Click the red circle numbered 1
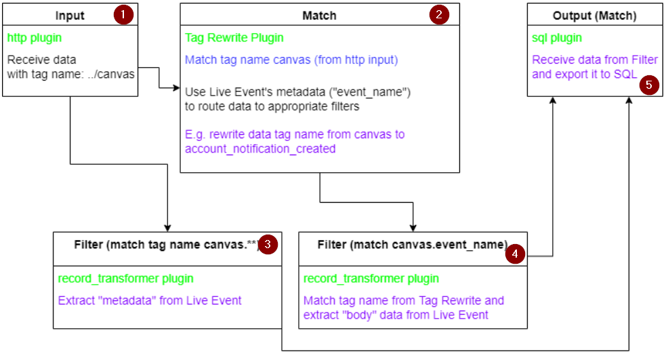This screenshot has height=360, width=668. (x=124, y=14)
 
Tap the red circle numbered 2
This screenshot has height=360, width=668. (x=439, y=14)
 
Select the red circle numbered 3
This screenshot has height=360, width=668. (x=268, y=245)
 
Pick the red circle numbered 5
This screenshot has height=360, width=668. (x=649, y=85)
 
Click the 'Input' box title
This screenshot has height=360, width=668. (x=70, y=15)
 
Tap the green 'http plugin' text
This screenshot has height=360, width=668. (x=35, y=38)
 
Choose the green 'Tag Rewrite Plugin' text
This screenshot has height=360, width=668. (x=234, y=38)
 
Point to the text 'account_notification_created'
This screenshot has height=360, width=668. (x=260, y=148)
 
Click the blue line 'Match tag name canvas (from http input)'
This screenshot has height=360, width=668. (x=291, y=60)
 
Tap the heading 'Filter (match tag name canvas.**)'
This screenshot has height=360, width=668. (x=167, y=244)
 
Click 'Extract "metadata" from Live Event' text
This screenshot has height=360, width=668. (x=150, y=300)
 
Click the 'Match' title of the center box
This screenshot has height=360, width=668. (x=319, y=15)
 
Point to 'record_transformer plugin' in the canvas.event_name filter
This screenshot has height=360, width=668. (x=371, y=279)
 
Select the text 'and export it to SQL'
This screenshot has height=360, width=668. (x=584, y=74)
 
